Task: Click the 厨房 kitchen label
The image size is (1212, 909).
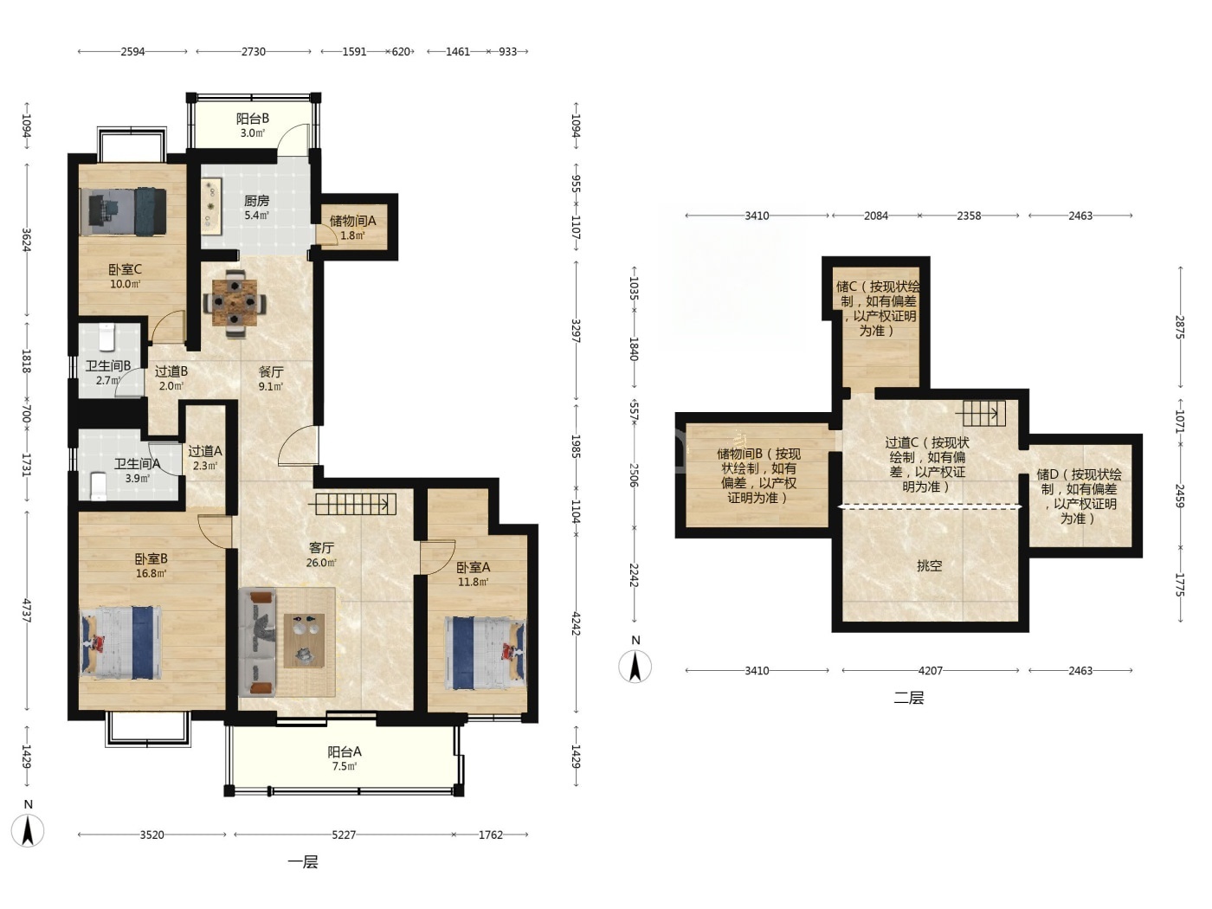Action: pyautogui.click(x=257, y=202)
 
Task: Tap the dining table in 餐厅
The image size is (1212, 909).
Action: pyautogui.click(x=235, y=302)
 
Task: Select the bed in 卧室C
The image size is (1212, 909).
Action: pyautogui.click(x=123, y=212)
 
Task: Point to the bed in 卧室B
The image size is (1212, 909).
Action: pyautogui.click(x=121, y=642)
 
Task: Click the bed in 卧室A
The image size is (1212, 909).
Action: pyautogui.click(x=486, y=654)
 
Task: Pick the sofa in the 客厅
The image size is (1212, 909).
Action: pyautogui.click(x=257, y=641)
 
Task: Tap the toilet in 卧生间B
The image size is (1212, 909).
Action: pyautogui.click(x=106, y=338)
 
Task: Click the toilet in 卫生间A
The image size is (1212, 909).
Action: pyautogui.click(x=99, y=487)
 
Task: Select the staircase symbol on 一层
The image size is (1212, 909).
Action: pyautogui.click(x=356, y=504)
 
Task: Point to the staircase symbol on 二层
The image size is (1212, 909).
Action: pyautogui.click(x=984, y=413)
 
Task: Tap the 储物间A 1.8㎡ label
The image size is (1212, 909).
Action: pyautogui.click(x=353, y=228)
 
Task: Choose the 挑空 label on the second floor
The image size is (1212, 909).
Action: pyautogui.click(x=929, y=565)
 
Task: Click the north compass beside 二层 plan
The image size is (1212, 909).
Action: pyautogui.click(x=635, y=666)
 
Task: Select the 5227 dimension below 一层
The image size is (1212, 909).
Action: pyautogui.click(x=344, y=835)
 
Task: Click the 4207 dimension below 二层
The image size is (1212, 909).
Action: pyautogui.click(x=931, y=671)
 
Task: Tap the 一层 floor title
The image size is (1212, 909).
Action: pyautogui.click(x=303, y=862)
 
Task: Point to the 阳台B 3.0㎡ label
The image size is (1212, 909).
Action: pyautogui.click(x=252, y=126)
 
